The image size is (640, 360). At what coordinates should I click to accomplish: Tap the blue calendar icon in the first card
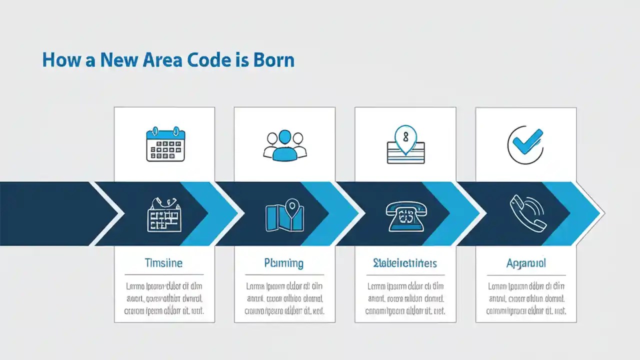(165, 145)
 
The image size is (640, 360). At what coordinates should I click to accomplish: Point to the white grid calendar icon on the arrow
(163, 214)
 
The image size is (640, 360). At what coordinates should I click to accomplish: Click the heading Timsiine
(163, 262)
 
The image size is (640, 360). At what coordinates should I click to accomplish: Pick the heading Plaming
(284, 262)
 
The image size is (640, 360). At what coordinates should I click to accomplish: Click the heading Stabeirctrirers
(405, 262)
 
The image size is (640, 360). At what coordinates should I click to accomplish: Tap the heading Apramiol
(526, 262)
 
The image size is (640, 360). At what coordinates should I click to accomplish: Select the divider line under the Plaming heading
(284, 274)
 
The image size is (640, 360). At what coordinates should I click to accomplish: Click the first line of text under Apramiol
(526, 286)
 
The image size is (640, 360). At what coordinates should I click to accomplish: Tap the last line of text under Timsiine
(163, 310)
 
